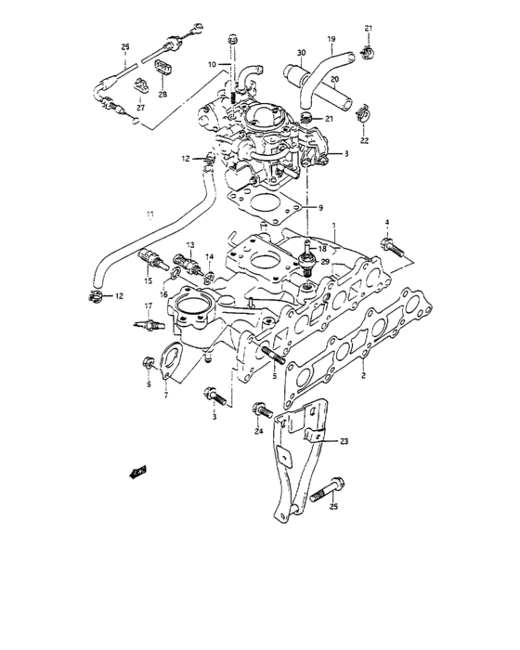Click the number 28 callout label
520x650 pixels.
[162, 95]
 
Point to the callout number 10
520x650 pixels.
[212, 64]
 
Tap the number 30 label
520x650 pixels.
[301, 53]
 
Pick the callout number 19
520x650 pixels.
[330, 39]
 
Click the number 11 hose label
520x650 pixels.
[149, 216]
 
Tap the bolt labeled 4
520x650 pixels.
[390, 247]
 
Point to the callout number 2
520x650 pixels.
[363, 374]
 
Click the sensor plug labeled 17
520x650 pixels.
[150, 325]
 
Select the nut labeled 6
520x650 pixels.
[148, 362]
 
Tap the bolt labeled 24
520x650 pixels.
[260, 409]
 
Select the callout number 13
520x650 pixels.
[189, 246]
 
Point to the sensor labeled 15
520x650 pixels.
[149, 258]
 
